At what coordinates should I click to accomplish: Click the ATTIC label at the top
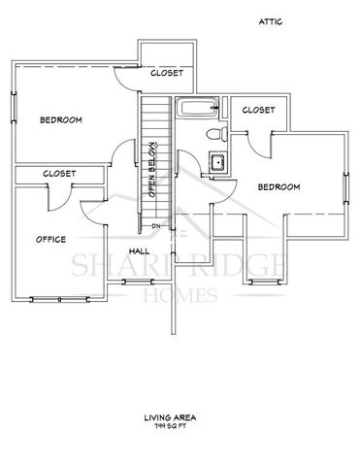(x=271, y=19)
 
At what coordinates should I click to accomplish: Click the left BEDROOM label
(x=60, y=119)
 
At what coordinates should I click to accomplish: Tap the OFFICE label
(x=50, y=238)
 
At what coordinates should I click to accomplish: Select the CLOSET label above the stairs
(x=168, y=73)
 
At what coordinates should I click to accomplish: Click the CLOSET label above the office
(x=59, y=173)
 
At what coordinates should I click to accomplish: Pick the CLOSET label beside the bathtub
(x=257, y=110)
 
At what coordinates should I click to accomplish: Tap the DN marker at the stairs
(x=155, y=226)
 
